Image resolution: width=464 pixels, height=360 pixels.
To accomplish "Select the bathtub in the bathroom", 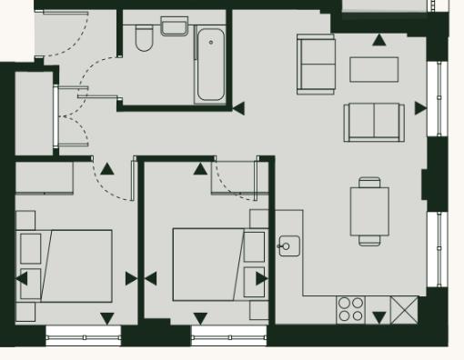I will click(x=210, y=65).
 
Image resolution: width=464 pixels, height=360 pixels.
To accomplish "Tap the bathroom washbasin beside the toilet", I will click(x=174, y=26).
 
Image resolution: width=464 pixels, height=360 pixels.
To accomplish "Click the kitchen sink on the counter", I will click(x=289, y=245).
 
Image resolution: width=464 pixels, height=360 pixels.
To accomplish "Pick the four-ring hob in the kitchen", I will click(x=351, y=309).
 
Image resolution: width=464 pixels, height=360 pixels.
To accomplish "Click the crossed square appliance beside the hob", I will click(x=403, y=309).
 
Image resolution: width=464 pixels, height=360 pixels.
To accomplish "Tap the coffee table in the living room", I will click(x=374, y=69).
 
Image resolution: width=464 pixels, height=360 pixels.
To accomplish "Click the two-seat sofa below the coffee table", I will click(x=374, y=122).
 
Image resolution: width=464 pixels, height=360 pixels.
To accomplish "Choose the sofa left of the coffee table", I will click(x=316, y=64).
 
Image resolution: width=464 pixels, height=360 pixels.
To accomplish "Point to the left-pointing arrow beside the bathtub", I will click(x=238, y=108).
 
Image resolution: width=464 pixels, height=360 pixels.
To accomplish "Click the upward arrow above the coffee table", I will click(x=378, y=39).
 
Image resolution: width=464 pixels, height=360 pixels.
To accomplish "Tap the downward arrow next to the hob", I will click(x=378, y=317).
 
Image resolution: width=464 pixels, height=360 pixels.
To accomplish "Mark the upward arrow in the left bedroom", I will click(x=107, y=168).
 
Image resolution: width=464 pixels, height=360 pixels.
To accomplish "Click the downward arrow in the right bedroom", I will click(x=200, y=318).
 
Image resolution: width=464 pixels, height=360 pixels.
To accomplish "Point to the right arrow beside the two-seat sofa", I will click(x=420, y=108).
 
